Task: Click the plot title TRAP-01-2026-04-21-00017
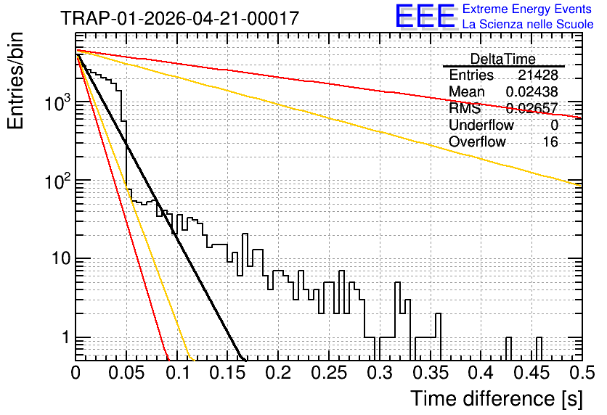(179, 18)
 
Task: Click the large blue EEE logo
(425, 17)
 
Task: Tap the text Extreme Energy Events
(527, 9)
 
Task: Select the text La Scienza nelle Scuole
(528, 24)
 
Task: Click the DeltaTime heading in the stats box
(502, 59)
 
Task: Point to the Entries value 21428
(538, 75)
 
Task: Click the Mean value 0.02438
(531, 91)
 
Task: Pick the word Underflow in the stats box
(481, 125)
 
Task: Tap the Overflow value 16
(550, 142)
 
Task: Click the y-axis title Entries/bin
(15, 81)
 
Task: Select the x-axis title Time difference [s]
(497, 398)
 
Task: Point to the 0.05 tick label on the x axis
(126, 373)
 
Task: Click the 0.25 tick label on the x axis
(329, 373)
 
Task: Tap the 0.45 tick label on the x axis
(532, 373)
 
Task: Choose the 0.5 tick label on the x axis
(582, 373)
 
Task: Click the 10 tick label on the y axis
(62, 258)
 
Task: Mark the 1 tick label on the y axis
(65, 337)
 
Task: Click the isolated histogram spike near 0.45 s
(539, 348)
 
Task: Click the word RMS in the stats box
(465, 108)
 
